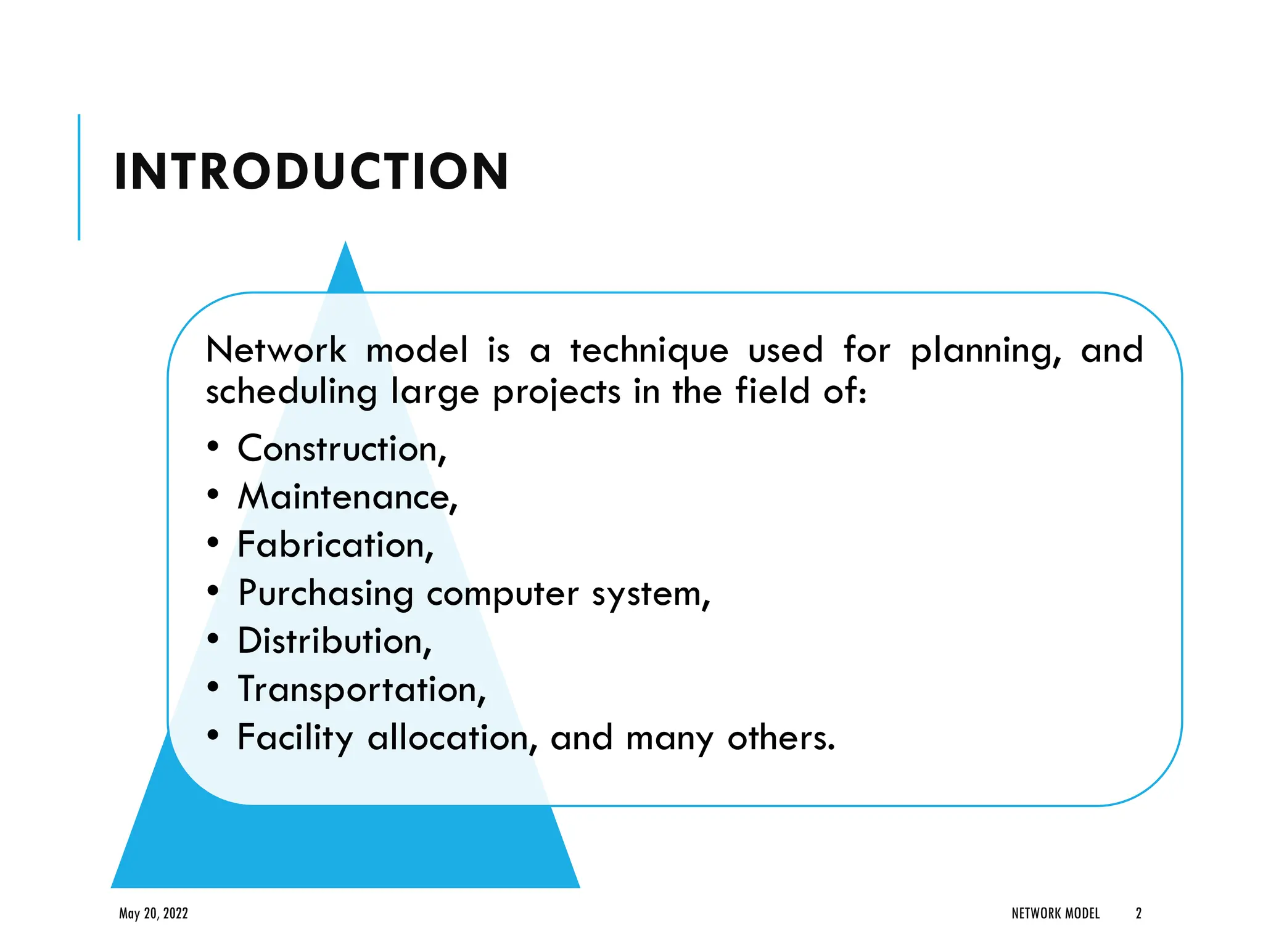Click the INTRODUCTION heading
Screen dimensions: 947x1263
311,172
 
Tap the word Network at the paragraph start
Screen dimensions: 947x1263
276,350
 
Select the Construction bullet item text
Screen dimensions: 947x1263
341,449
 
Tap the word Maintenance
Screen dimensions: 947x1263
347,497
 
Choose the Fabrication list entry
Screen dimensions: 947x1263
335,545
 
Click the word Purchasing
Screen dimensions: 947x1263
326,594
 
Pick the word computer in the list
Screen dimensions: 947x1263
503,594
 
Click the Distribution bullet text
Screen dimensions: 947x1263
334,641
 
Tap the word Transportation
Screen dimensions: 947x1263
361,689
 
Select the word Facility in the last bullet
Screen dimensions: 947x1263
295,738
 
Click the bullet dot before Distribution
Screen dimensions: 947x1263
213,639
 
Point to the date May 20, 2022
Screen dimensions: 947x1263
154,913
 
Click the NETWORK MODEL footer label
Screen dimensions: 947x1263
1055,913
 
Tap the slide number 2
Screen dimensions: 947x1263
1138,913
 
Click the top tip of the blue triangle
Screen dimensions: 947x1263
345,245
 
